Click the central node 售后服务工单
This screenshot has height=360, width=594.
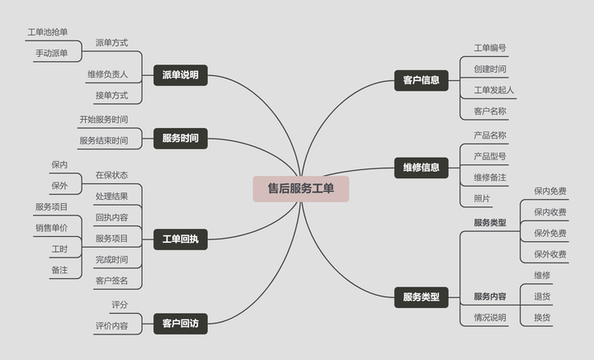pos(300,188)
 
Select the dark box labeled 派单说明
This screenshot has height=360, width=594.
pos(180,75)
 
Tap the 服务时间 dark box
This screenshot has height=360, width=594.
pos(180,138)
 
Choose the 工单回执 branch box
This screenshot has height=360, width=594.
pos(180,240)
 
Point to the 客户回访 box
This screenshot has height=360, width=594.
pos(180,324)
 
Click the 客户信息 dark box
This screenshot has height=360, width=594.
pos(421,80)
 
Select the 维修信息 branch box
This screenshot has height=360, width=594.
pos(421,168)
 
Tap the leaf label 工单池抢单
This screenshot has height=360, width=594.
pos(47,32)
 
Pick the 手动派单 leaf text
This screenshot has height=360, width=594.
pos(51,53)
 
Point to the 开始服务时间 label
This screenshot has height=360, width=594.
pos(103,120)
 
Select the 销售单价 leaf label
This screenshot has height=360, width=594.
pos(51,228)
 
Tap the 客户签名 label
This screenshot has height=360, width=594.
pos(111,281)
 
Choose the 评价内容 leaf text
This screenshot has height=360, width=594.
pos(111,326)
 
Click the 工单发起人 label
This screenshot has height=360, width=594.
pos(494,89)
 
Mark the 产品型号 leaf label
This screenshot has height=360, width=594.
pos(490,156)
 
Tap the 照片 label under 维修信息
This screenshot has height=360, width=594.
pos(482,198)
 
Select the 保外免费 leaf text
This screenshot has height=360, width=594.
pos(550,233)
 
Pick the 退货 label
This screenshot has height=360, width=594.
pos(542,296)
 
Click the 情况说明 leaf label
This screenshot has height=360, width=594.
pos(490,317)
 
